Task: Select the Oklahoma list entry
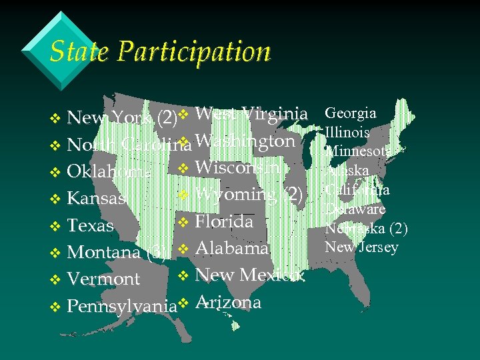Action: (109, 171)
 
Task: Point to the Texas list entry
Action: (91, 225)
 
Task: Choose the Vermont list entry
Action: (103, 279)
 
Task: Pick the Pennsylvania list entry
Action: (122, 306)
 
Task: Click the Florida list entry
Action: (224, 221)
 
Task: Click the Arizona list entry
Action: (228, 302)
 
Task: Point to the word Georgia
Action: (350, 113)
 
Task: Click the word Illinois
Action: (347, 133)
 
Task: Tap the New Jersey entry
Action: (361, 247)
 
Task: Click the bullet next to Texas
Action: (55, 227)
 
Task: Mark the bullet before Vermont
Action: (55, 280)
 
